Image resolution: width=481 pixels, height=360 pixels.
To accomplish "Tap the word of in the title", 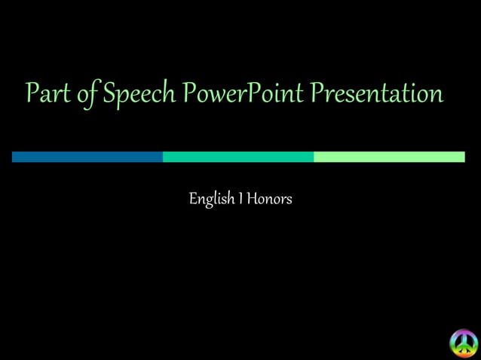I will click(87, 94).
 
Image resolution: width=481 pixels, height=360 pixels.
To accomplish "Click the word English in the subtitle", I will click(211, 200).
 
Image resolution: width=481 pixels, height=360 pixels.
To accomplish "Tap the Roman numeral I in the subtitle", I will click(240, 199).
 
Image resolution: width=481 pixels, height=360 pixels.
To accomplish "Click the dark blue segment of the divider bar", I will click(87, 157).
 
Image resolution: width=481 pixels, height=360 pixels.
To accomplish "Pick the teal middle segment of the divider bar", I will click(238, 157).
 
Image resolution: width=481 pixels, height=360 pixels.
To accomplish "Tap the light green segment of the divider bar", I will click(389, 157).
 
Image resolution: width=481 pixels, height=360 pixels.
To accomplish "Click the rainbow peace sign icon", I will click(464, 343).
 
